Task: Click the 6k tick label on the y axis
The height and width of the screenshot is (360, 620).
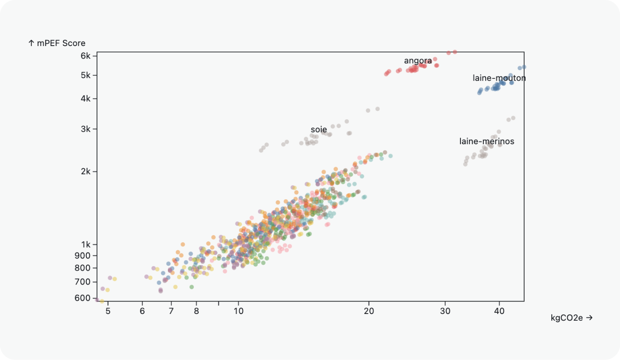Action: click(86, 56)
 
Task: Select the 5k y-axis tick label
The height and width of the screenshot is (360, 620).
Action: click(86, 75)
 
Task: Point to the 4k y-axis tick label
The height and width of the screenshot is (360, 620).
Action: click(86, 98)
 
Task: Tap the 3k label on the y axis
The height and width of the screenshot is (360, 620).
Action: click(86, 129)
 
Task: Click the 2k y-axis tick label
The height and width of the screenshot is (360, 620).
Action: click(86, 171)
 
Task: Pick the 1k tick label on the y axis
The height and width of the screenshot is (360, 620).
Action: click(86, 245)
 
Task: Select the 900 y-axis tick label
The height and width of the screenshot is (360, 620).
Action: click(83, 255)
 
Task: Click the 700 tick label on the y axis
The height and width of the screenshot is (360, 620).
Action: click(83, 282)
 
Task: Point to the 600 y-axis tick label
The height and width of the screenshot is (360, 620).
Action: click(83, 298)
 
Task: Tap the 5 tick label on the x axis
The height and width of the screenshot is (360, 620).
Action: click(108, 311)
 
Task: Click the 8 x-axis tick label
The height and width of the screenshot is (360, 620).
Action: click(196, 311)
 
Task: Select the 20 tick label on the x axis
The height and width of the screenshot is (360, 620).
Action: click(369, 311)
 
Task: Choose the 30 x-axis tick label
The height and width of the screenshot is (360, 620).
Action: click(445, 311)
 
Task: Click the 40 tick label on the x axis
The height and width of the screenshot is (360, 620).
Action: click(499, 311)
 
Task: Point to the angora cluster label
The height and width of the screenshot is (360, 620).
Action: click(418, 61)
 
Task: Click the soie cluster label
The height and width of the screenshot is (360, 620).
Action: click(319, 129)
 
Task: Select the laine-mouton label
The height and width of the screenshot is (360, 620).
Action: click(499, 78)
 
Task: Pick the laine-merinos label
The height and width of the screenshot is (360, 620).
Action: click(486, 141)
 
